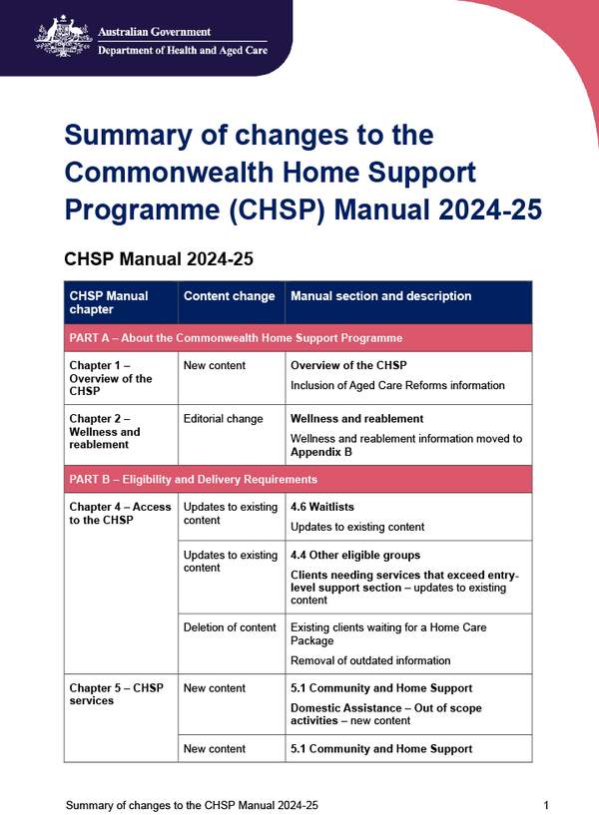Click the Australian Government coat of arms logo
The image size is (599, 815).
click(x=63, y=35)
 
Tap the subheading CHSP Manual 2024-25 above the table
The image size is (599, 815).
click(x=158, y=259)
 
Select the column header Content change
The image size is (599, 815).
click(x=229, y=296)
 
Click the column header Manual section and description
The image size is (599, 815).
click(x=380, y=296)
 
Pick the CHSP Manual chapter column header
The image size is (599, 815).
click(x=109, y=302)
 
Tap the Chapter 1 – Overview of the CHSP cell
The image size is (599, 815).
click(x=111, y=378)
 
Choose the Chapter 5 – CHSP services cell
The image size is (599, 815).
click(x=109, y=694)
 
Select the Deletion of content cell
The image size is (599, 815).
click(x=230, y=627)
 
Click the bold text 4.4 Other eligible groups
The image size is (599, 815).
click(x=355, y=555)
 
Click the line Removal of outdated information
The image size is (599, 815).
click(x=370, y=660)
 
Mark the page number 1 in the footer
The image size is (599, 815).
click(x=546, y=804)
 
